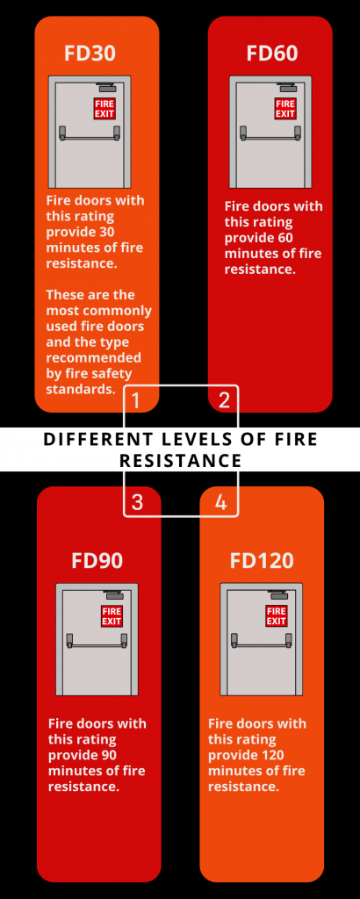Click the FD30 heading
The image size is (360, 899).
pyautogui.click(x=90, y=54)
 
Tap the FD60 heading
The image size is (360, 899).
pyautogui.click(x=272, y=54)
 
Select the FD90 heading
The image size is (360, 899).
pyautogui.click(x=97, y=560)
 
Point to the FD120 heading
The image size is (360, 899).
pyautogui.click(x=262, y=560)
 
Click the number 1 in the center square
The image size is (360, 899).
pyautogui.click(x=136, y=401)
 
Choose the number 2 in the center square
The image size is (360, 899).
pyautogui.click(x=224, y=401)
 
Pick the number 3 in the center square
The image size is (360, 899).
pyautogui.click(x=137, y=502)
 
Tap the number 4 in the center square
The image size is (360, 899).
pyautogui.click(x=220, y=502)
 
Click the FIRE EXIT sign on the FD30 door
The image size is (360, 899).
pyautogui.click(x=105, y=109)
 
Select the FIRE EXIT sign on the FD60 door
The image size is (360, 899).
pyautogui.click(x=285, y=108)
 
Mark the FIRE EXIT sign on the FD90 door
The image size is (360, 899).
pyautogui.click(x=112, y=615)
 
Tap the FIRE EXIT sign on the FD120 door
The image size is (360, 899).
pyautogui.click(x=277, y=615)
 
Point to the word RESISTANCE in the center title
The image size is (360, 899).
pyautogui.click(x=180, y=460)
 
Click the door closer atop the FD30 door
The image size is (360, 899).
pyautogui.click(x=107, y=88)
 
